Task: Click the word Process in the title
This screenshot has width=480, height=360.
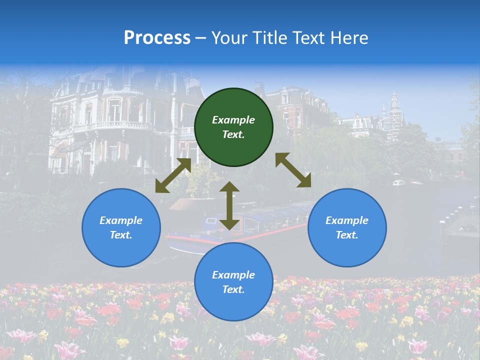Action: [x=157, y=38]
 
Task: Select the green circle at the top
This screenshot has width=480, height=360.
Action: [x=233, y=127]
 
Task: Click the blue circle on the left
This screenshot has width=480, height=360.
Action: [x=121, y=227]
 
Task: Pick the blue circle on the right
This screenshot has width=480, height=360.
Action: [x=347, y=227]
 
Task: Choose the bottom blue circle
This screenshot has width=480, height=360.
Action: [x=233, y=281]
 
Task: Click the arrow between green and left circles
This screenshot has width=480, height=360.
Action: [x=173, y=175]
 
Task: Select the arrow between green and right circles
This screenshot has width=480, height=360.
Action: [x=293, y=170]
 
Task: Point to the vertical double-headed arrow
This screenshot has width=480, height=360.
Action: [x=229, y=205]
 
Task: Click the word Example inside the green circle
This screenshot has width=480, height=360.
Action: [x=233, y=120]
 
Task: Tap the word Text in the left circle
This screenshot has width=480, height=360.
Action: [x=120, y=235]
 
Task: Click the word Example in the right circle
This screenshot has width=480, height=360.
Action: [x=347, y=220]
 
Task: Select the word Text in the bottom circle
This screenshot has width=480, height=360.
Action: [x=233, y=289]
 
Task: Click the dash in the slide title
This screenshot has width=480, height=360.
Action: [x=200, y=38]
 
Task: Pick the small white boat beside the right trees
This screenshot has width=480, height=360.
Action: [x=399, y=182]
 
